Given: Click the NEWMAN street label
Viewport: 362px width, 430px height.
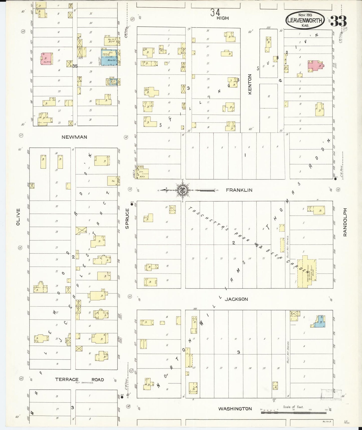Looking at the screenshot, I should [74, 137].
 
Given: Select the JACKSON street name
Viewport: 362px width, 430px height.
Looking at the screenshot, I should [236, 299].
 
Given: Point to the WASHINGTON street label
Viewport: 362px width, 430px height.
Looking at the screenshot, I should [235, 409].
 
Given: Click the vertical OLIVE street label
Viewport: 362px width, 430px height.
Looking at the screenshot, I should [18, 217].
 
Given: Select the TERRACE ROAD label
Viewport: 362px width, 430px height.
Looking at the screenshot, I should [79, 380].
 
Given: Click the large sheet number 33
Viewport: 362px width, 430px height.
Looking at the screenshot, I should [338, 21].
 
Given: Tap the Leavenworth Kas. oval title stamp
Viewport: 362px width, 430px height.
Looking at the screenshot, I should [305, 20].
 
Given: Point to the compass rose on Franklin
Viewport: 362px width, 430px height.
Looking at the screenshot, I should [182, 191].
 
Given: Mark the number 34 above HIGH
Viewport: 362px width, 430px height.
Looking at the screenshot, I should [215, 12].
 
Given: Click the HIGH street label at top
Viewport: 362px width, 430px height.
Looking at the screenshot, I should [222, 18].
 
